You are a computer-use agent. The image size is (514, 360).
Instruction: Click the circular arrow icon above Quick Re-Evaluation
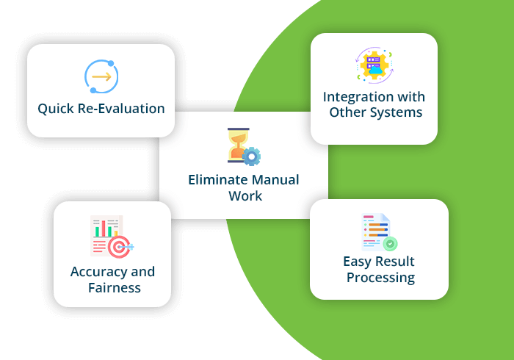click(x=101, y=76)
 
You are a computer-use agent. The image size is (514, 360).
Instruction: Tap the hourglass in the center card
click(x=238, y=145)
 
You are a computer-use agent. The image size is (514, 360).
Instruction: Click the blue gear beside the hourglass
click(x=252, y=156)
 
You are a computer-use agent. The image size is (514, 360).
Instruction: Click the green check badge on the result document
click(x=391, y=243)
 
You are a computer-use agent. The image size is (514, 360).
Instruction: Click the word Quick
click(x=57, y=109)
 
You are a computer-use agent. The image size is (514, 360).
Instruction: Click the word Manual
click(x=274, y=180)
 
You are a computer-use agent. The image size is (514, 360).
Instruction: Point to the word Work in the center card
click(x=245, y=196)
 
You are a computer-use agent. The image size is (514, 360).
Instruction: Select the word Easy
click(x=358, y=262)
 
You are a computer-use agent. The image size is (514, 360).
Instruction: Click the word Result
click(x=396, y=262)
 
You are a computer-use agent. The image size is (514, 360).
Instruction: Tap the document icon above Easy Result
click(x=377, y=232)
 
